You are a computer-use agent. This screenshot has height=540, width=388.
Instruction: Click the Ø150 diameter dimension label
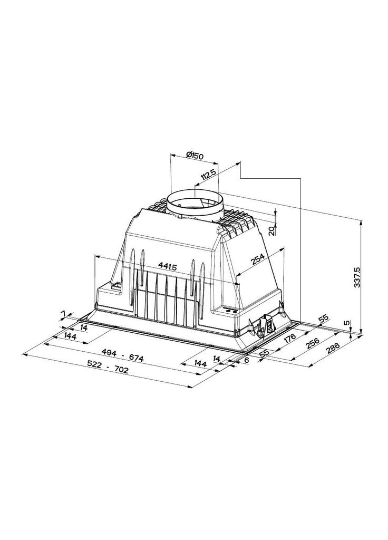click(x=195, y=156)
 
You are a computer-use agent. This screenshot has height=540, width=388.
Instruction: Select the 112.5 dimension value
click(x=208, y=177)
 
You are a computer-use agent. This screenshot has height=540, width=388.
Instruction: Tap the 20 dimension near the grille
click(x=272, y=230)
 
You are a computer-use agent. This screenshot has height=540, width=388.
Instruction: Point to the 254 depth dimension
click(x=257, y=259)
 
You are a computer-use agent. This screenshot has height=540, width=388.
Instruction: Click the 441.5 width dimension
click(x=167, y=266)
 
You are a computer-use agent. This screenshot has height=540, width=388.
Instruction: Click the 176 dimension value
click(x=289, y=339)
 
